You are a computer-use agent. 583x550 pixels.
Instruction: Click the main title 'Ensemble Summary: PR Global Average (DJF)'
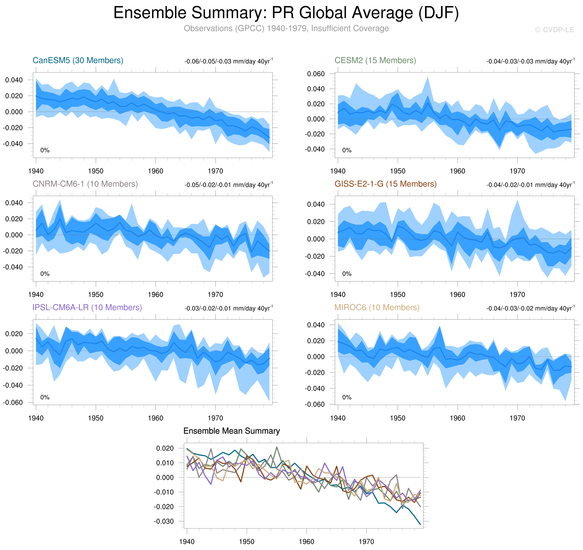286,13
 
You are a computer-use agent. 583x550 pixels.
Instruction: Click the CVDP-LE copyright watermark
554,30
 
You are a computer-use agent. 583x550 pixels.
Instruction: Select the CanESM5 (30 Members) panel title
78,60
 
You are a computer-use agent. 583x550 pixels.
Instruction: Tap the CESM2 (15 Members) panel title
375,60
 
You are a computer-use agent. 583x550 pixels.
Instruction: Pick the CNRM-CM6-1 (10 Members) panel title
85,184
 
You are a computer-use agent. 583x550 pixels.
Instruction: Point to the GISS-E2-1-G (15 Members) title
385,184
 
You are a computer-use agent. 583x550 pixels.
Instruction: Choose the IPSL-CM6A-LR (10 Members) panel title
87,307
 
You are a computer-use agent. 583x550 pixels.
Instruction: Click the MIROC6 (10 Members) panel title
377,307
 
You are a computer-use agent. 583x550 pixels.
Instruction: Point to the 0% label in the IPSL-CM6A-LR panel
45,397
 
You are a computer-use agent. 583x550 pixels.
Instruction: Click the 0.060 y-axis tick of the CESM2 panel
316,74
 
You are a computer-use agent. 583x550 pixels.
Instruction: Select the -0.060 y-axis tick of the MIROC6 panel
315,405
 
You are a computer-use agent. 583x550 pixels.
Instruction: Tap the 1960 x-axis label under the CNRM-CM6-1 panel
156,295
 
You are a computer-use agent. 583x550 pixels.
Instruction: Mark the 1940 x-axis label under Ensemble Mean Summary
187,541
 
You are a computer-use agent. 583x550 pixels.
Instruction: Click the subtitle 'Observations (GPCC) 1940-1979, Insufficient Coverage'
286,28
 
